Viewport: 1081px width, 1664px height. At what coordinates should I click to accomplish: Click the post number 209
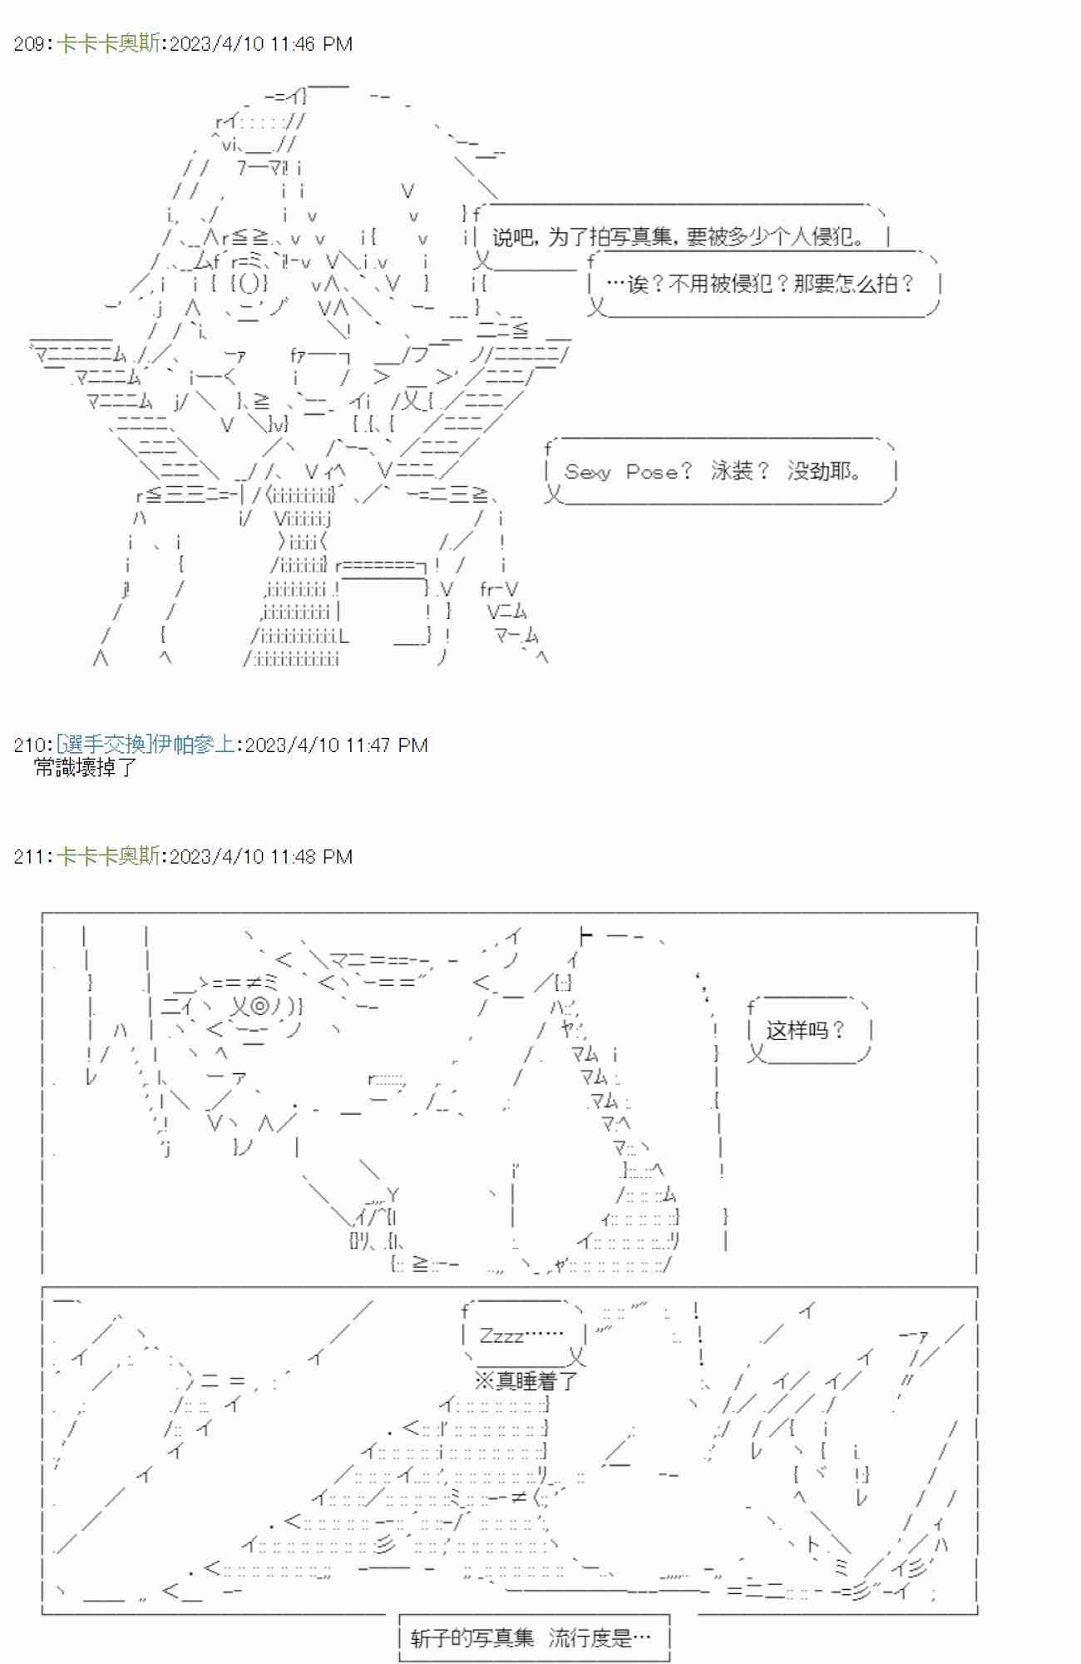30,44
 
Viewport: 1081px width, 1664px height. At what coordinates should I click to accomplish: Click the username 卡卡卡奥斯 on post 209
108,44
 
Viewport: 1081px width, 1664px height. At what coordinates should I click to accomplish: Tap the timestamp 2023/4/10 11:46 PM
261,44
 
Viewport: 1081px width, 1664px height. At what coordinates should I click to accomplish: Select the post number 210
30,745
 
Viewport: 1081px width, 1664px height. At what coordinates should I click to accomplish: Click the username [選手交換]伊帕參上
146,745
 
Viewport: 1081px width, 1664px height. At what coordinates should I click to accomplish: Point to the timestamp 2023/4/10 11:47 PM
337,745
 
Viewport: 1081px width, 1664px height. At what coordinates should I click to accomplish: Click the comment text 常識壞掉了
85,767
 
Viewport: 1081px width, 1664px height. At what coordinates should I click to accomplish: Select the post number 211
30,856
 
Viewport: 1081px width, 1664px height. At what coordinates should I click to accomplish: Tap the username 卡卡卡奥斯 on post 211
108,856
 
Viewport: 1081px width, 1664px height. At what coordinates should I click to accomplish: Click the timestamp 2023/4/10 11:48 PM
261,856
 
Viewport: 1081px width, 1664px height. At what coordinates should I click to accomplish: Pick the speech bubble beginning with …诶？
763,285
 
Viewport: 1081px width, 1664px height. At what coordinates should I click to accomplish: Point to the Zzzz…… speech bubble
524,1335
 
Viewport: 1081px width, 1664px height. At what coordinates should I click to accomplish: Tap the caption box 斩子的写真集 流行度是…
534,1638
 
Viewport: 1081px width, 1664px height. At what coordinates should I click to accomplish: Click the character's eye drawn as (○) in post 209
250,284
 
